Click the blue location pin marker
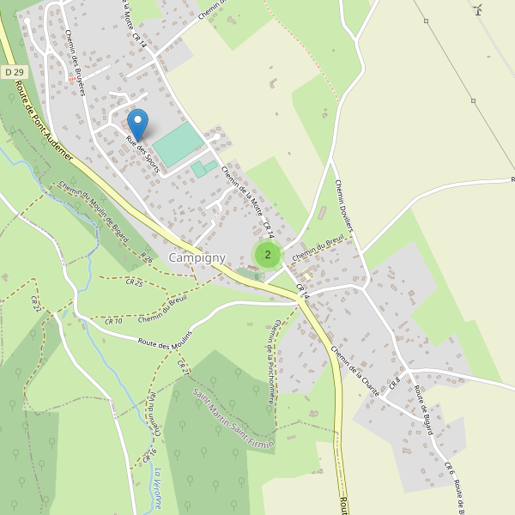coord(137,124)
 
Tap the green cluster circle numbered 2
coord(268,254)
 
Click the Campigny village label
coord(197,257)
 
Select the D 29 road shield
coord(11,71)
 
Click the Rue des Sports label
coord(142,154)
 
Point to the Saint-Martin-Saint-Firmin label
coord(233,420)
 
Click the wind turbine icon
coord(478,9)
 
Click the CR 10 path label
coord(114,319)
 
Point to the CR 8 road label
coord(395,380)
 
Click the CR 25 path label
coord(134,282)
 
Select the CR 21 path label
coord(182,366)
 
